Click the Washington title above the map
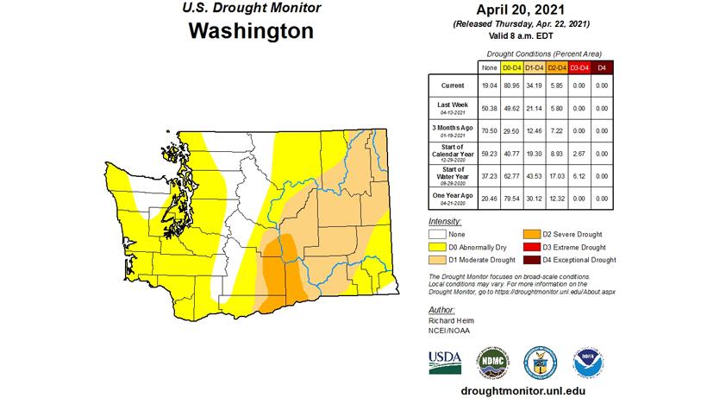(250, 33)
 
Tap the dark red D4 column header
(601, 66)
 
